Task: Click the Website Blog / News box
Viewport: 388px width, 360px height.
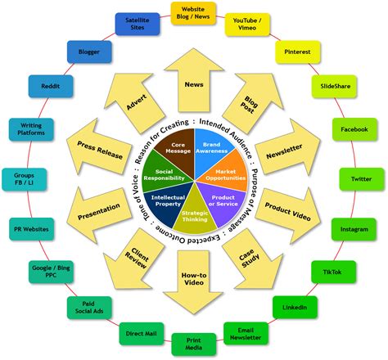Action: [x=194, y=14]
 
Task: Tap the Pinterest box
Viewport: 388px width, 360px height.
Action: [x=296, y=52]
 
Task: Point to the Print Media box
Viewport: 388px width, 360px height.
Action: [x=194, y=344]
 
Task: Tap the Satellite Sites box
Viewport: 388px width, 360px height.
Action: [x=138, y=23]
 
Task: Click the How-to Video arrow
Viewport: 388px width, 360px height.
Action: [x=194, y=278]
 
